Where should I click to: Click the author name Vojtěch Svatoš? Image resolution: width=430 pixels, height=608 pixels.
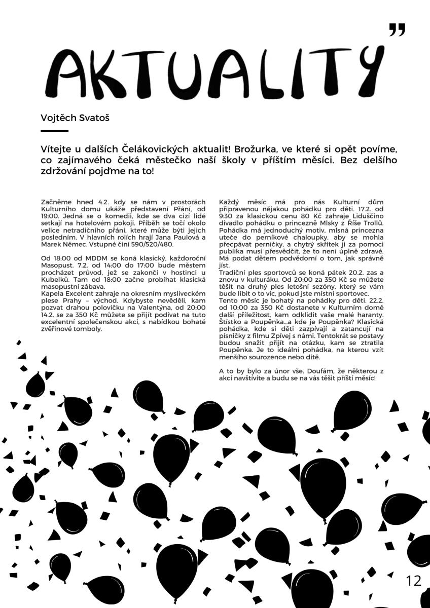tap(75, 118)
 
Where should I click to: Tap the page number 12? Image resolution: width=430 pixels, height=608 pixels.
tap(414, 581)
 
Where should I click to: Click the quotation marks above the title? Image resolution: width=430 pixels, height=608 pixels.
tap(397, 31)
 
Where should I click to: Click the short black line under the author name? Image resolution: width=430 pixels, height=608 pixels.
tap(54, 131)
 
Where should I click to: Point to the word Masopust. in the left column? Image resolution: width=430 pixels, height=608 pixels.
tap(55, 265)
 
